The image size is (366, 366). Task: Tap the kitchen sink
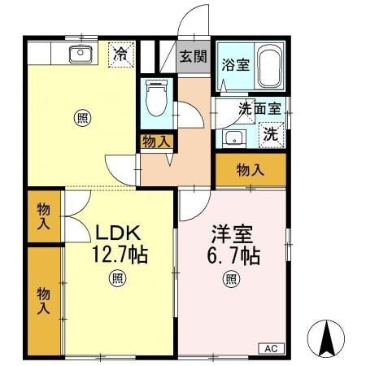[x=80, y=54]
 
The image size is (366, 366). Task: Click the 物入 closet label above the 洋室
[x=251, y=170]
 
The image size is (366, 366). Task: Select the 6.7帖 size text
[x=232, y=255]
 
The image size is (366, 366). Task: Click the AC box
[x=271, y=348]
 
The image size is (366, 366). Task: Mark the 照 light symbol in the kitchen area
[x=83, y=116]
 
